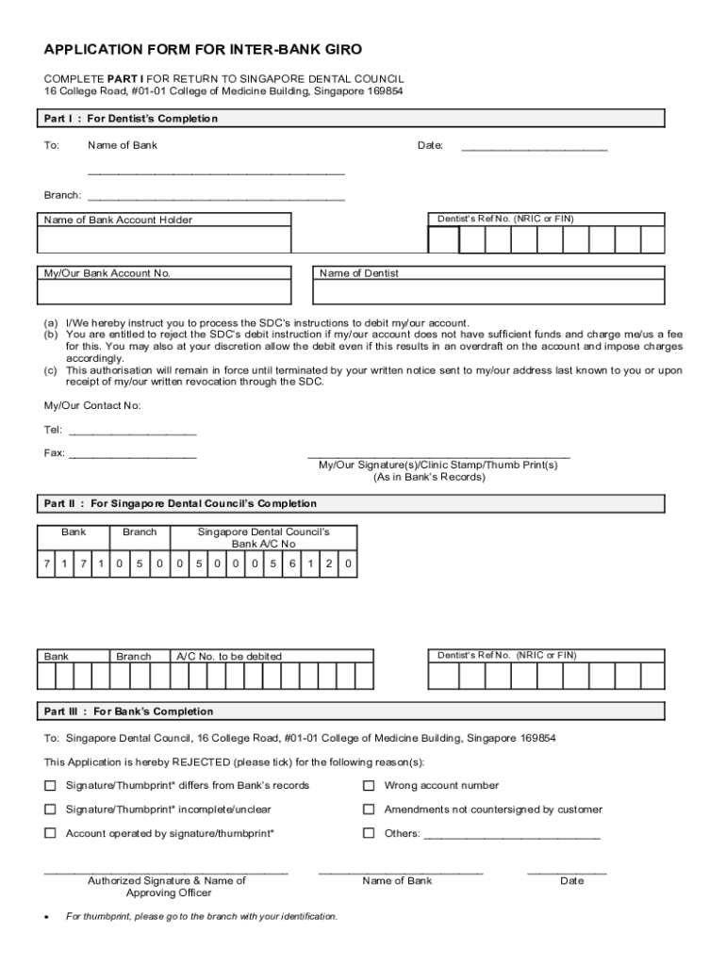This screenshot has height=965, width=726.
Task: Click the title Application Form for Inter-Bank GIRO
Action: (x=203, y=49)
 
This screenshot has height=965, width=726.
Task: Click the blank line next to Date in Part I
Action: (x=534, y=147)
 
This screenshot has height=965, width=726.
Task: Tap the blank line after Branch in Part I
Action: (x=216, y=197)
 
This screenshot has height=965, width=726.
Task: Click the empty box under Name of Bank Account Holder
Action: (x=163, y=240)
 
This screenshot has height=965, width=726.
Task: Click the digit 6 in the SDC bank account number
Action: (x=292, y=564)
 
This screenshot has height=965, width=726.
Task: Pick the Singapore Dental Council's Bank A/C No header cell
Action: (x=263, y=538)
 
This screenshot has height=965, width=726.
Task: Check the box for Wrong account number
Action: (x=370, y=786)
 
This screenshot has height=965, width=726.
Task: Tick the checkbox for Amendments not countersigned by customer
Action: (x=370, y=810)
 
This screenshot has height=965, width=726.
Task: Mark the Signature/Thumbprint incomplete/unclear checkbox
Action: (x=50, y=810)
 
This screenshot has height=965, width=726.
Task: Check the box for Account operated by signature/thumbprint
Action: (x=50, y=833)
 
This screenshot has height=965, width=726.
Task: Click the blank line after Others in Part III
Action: (x=512, y=835)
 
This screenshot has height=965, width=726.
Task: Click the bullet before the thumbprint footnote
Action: (x=46, y=917)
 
